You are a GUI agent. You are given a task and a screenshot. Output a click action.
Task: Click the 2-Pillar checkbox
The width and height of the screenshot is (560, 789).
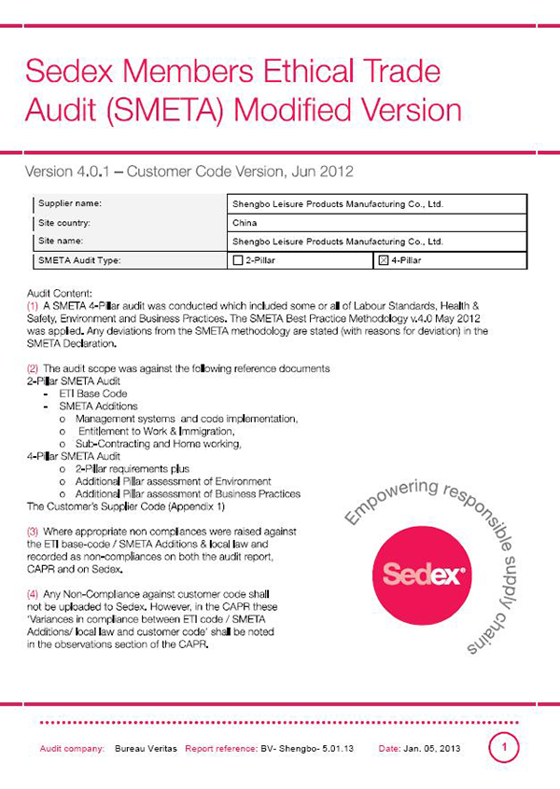click(237, 260)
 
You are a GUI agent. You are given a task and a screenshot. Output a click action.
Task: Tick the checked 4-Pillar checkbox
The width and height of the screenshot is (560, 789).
click(383, 260)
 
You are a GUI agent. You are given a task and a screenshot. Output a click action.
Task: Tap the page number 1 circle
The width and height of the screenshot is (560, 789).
click(504, 747)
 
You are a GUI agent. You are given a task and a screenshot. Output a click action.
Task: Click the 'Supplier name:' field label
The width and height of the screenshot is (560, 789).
click(70, 202)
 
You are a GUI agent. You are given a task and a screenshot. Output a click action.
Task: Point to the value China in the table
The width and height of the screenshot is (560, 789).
click(244, 223)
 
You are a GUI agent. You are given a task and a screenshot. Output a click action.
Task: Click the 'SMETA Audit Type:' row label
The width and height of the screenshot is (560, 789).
click(79, 260)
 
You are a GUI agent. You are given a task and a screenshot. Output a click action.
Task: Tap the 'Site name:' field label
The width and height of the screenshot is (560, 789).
click(62, 241)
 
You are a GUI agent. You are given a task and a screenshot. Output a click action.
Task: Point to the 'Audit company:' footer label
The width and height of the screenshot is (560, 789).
click(72, 749)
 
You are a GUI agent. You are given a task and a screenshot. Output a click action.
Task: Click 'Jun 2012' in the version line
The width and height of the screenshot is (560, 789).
click(324, 172)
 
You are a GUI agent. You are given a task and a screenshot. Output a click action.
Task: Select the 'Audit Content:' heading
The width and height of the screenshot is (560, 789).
click(61, 293)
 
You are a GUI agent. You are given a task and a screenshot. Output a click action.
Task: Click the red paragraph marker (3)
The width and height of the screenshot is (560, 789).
click(34, 529)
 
